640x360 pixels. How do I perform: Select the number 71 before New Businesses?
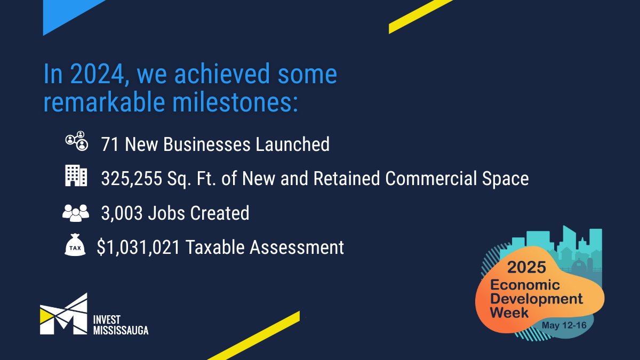[x=110, y=145]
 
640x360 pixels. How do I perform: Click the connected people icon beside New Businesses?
[x=76, y=141]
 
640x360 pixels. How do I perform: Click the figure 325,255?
[x=131, y=179]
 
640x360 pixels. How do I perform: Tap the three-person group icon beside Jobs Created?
[x=76, y=212]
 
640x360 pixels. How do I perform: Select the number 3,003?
[x=122, y=213]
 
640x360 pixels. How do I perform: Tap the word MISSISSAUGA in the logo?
[x=121, y=330]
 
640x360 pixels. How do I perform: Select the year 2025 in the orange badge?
[x=526, y=267]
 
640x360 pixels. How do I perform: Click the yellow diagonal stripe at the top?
[x=421, y=15]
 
